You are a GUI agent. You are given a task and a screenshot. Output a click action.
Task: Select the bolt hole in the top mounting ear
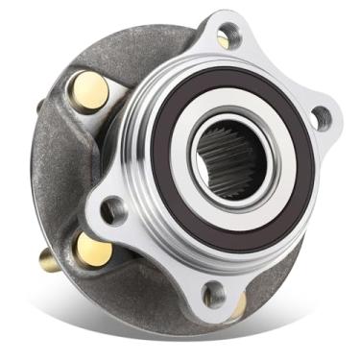(x=223, y=39)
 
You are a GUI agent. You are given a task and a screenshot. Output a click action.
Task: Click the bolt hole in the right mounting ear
(x=322, y=118)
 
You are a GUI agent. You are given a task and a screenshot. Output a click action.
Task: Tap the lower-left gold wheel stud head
(x=96, y=252)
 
